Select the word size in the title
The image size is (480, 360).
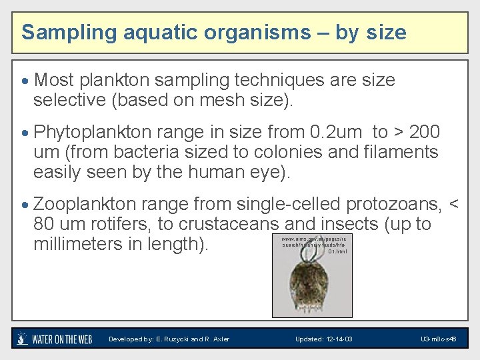pyautogui.click(x=385, y=32)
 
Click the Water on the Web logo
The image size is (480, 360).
pyautogui.click(x=54, y=339)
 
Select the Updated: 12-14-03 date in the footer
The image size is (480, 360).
pyautogui.click(x=324, y=339)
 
